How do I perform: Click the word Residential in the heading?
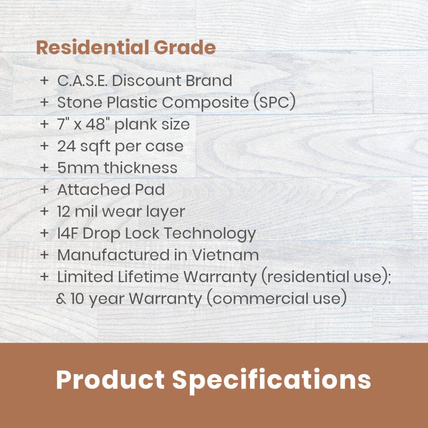(93, 47)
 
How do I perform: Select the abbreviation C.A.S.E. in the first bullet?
(82, 81)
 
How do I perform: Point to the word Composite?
(205, 103)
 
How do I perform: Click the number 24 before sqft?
(66, 146)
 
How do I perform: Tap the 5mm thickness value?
(78, 168)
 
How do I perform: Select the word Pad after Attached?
(150, 189)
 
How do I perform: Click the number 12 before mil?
(64, 211)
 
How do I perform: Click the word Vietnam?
(225, 255)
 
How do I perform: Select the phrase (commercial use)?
(277, 298)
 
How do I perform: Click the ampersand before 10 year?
(61, 298)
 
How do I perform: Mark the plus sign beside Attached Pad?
(44, 189)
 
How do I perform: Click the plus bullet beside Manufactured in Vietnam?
(44, 255)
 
